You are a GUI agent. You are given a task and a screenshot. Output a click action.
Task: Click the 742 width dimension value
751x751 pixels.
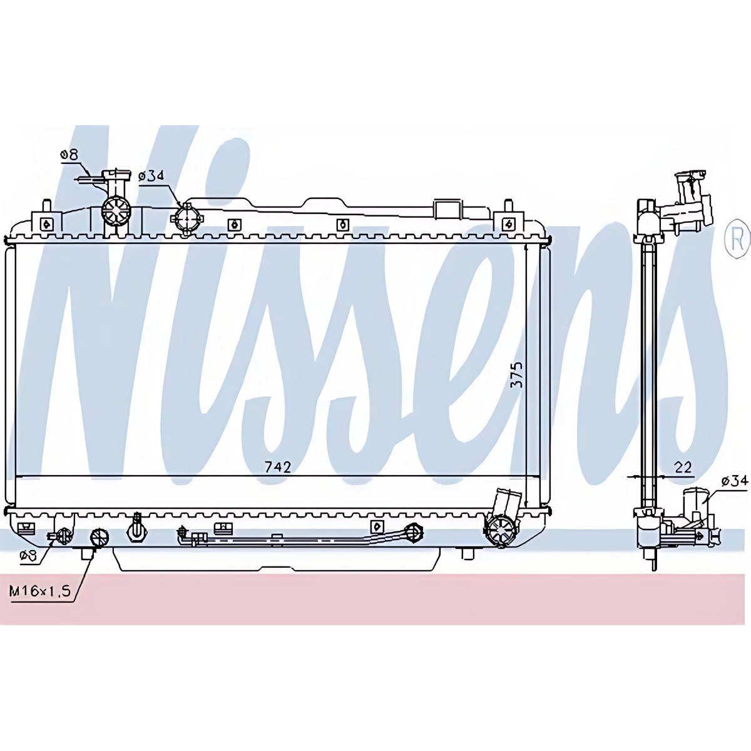278,467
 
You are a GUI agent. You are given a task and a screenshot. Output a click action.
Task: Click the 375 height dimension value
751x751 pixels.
517,375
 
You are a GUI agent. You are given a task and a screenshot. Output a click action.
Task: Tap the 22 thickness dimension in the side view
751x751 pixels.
683,467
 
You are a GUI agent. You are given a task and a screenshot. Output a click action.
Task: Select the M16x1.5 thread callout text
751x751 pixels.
40,592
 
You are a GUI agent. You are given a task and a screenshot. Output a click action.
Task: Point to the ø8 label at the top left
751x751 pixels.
69,155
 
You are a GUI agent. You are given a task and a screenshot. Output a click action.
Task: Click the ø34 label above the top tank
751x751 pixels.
151,176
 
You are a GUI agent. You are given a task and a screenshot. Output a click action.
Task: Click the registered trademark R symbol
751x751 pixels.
737,242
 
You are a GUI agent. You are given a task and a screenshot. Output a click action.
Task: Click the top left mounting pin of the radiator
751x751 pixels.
46,206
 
